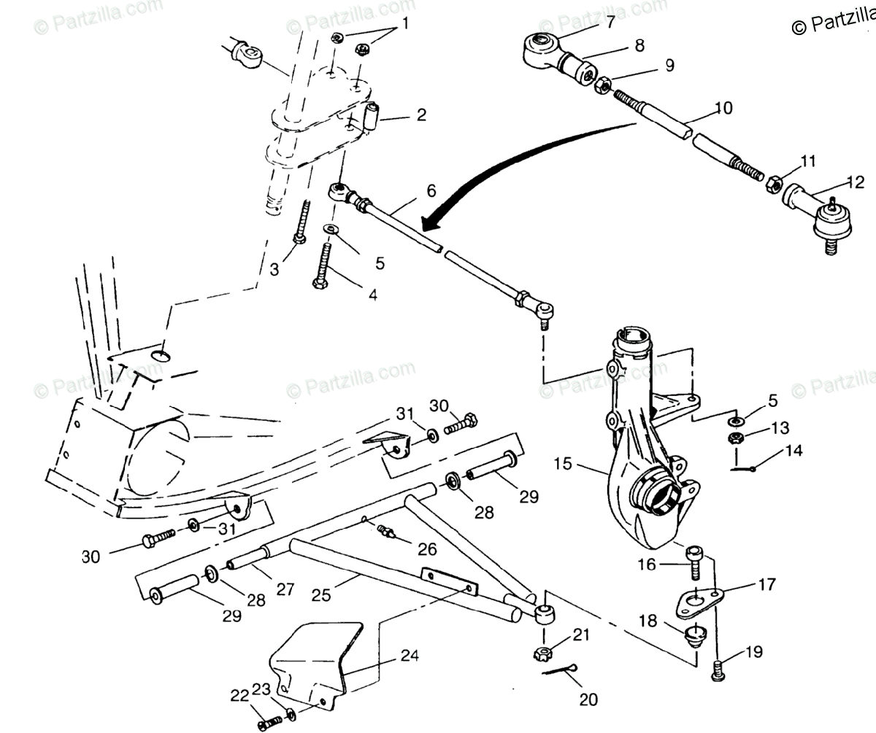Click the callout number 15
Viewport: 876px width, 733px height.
pyautogui.click(x=563, y=464)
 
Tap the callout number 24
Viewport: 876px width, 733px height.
pyautogui.click(x=410, y=655)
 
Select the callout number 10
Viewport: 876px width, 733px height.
pyautogui.click(x=723, y=108)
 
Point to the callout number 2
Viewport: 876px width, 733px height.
pyautogui.click(x=421, y=115)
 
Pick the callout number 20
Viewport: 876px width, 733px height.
pyautogui.click(x=588, y=699)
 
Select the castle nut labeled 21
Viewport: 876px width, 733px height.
pyautogui.click(x=544, y=651)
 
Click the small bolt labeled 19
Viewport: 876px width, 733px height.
pyautogui.click(x=718, y=668)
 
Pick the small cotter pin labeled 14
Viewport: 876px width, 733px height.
pyautogui.click(x=745, y=468)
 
